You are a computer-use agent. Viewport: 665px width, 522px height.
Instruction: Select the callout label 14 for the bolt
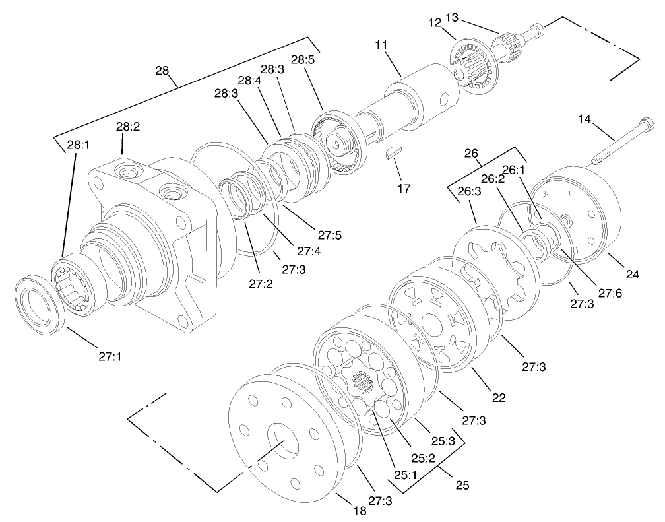(x=585, y=119)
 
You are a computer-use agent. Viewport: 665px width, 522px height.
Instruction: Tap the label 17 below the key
(x=404, y=189)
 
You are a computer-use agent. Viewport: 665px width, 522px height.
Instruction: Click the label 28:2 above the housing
(x=128, y=126)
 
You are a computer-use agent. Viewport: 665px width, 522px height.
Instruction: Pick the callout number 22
(x=498, y=397)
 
